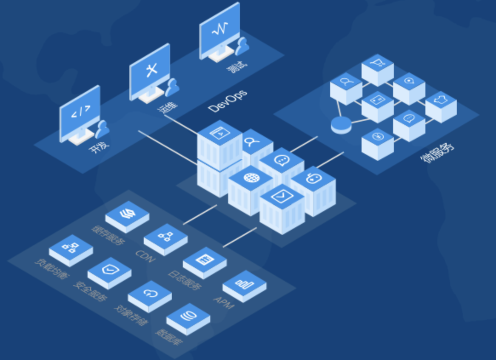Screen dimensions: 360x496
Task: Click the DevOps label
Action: point(228,101)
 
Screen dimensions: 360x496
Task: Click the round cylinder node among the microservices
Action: point(341,125)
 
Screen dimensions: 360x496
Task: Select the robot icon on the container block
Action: point(313,179)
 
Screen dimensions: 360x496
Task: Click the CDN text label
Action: point(145,257)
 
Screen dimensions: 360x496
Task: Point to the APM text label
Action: point(223,303)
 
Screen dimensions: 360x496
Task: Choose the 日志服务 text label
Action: point(184,280)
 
